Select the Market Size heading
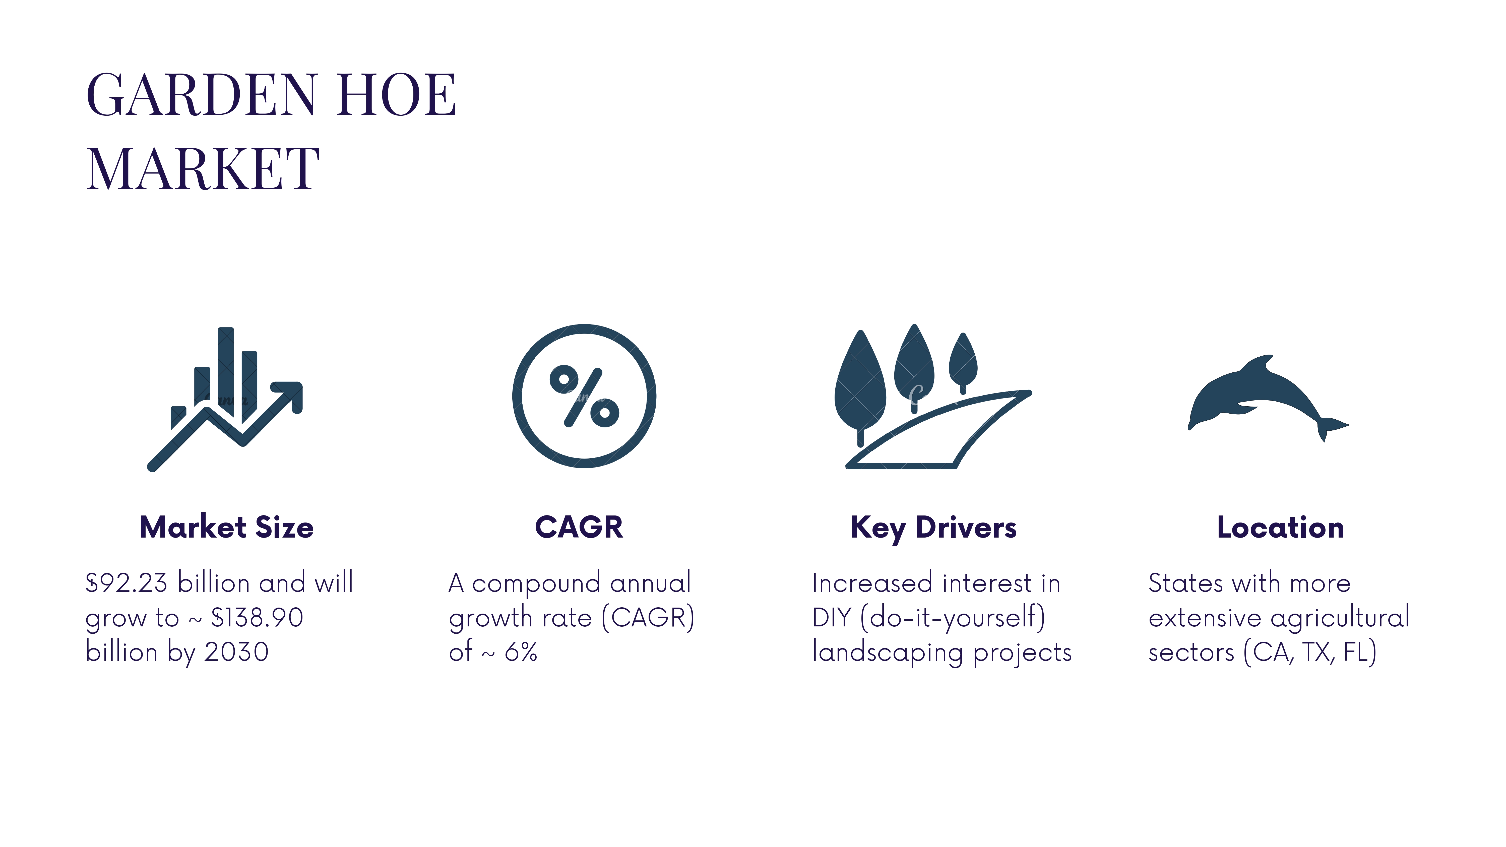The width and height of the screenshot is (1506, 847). (x=226, y=527)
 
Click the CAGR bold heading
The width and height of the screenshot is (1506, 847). (x=579, y=527)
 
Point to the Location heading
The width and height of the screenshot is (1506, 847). (x=1280, y=527)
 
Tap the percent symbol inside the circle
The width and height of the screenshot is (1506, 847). (x=584, y=396)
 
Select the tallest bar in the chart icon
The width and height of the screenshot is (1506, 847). (x=226, y=371)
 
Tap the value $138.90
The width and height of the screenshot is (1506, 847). (x=257, y=617)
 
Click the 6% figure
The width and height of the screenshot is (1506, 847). (x=521, y=652)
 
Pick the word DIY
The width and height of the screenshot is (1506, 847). (x=831, y=617)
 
